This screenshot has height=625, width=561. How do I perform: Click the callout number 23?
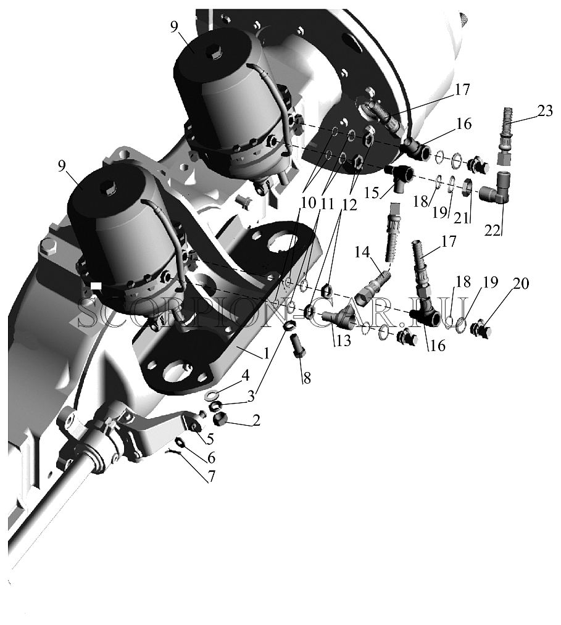click(x=545, y=110)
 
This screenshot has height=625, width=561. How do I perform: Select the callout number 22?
click(x=492, y=230)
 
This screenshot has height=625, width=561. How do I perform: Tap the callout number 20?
click(x=521, y=283)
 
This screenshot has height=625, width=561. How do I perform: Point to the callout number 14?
click(x=362, y=252)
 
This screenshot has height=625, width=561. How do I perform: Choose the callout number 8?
click(x=307, y=378)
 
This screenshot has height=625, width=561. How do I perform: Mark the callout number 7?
click(x=211, y=476)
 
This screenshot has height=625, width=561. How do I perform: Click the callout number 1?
click(x=266, y=352)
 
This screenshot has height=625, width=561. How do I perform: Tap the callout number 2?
click(x=256, y=420)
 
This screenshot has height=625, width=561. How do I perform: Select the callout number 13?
click(x=344, y=340)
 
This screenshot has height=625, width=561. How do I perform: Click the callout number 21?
click(x=462, y=217)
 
